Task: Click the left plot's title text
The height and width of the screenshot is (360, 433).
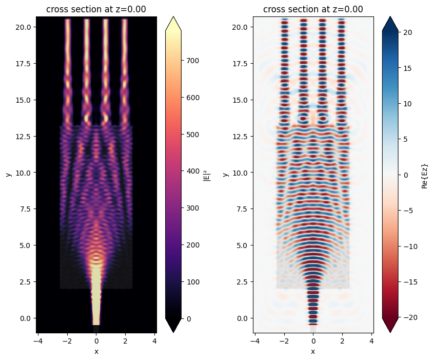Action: pyautogui.click(x=96, y=9)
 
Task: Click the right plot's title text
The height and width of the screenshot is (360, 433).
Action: pyautogui.click(x=313, y=9)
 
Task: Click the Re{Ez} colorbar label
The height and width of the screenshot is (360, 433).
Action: pyautogui.click(x=424, y=174)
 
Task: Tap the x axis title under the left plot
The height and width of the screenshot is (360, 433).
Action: pyautogui.click(x=96, y=351)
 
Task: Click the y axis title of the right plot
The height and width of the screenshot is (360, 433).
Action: pyautogui.click(x=226, y=175)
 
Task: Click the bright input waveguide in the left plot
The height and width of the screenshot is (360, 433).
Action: pyautogui.click(x=96, y=298)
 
